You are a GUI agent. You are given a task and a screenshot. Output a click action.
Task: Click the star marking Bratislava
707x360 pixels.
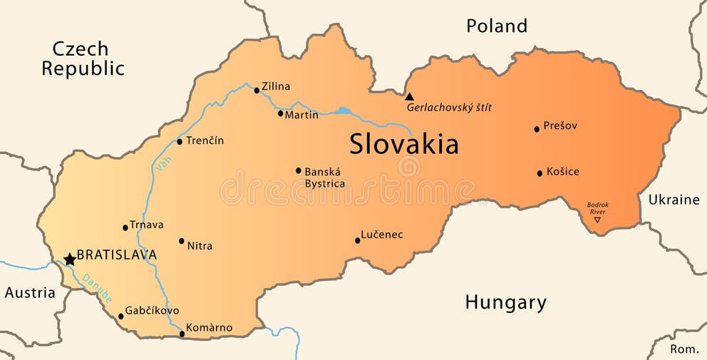point(70,259)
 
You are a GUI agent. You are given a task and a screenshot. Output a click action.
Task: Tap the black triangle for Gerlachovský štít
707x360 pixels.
point(409,97)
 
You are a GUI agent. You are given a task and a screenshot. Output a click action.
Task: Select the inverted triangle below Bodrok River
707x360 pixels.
point(597,220)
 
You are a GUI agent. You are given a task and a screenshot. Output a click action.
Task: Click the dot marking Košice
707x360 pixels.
point(540,173)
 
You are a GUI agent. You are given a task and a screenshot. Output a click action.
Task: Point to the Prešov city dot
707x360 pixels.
point(537,129)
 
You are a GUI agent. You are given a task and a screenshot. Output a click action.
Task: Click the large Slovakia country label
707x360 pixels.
point(403,145)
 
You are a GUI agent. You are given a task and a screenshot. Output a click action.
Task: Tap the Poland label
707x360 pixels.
point(497,26)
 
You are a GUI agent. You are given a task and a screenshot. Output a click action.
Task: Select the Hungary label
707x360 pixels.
point(505,302)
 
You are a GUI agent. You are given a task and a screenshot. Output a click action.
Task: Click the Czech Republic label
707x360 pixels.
point(82,58)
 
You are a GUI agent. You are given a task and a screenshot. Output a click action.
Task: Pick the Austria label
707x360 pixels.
point(30,292)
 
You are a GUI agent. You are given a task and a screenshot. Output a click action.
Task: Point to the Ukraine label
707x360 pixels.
point(674,200)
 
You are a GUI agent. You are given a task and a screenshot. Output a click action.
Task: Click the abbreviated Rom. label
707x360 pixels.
point(684,349)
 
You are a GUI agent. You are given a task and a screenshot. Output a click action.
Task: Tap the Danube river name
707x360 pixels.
point(96,288)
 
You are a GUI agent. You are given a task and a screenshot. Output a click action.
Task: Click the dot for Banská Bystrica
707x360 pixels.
point(299,170)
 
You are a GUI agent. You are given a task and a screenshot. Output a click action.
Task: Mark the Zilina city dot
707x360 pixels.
point(257,91)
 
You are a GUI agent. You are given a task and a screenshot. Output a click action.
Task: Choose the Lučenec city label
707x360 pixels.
point(382,234)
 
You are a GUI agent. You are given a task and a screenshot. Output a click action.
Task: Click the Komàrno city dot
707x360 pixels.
point(182,334)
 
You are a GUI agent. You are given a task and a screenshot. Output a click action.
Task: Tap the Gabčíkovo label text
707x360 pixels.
point(152,311)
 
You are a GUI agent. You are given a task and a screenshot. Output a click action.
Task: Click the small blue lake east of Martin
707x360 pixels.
point(344,110)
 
